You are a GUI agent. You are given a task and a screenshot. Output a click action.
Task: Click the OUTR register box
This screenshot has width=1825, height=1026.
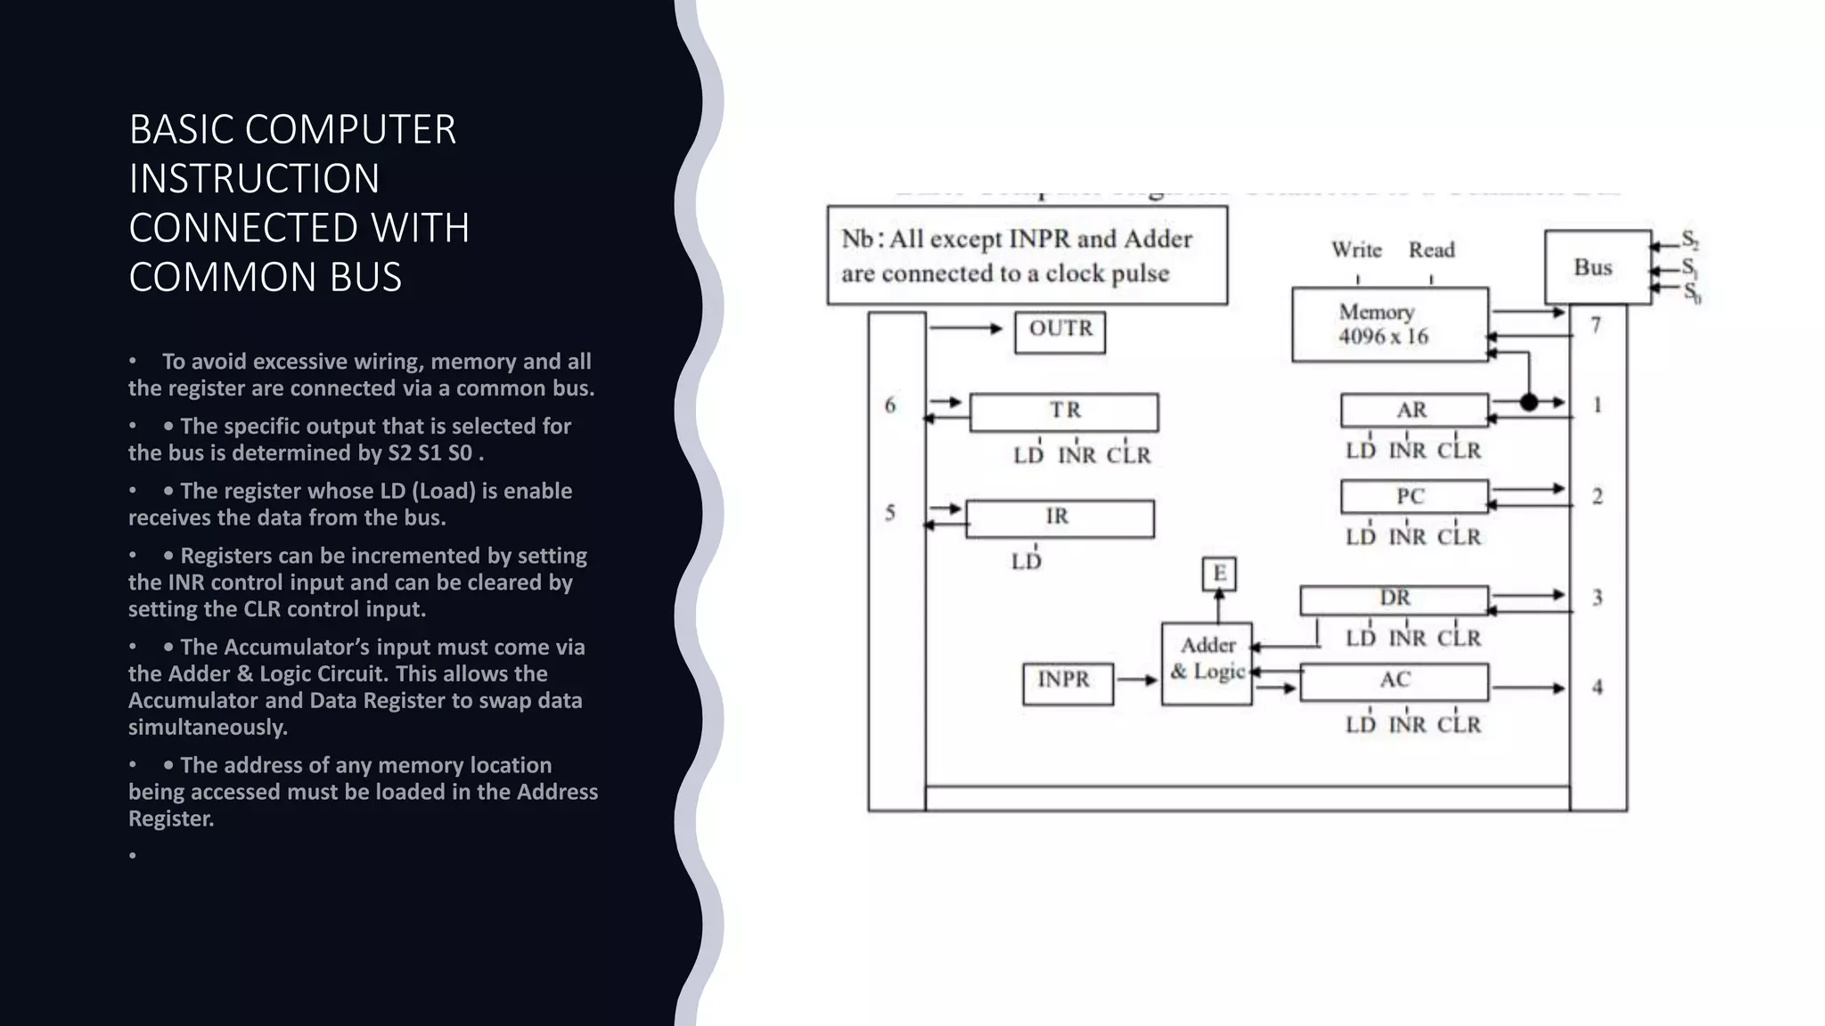click(1060, 332)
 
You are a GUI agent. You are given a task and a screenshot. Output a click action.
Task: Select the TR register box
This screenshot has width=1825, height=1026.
click(1064, 412)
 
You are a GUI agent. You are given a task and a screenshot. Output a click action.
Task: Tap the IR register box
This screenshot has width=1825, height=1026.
click(1060, 518)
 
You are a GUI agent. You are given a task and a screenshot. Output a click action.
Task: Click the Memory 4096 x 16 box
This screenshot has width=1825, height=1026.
click(1389, 324)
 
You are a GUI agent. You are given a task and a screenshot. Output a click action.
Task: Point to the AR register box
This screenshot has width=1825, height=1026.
click(1414, 411)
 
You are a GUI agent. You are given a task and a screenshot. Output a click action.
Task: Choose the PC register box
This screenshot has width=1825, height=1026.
click(1414, 496)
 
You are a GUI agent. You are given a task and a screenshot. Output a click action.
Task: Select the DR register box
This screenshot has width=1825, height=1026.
click(1394, 599)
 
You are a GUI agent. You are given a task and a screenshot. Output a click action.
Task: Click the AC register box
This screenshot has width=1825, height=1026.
click(1394, 682)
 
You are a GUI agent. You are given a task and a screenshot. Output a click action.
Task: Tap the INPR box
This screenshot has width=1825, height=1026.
click(1068, 683)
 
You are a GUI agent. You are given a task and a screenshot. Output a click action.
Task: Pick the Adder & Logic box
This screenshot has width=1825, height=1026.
click(1207, 664)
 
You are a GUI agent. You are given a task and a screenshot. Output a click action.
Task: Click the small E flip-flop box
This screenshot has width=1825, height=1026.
click(1219, 573)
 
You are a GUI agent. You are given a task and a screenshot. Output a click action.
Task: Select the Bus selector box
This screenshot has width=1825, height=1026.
click(1597, 267)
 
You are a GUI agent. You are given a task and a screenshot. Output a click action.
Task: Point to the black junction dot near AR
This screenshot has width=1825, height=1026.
click(1529, 403)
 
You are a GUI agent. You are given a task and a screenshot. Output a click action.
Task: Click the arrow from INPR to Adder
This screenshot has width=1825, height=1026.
click(1137, 680)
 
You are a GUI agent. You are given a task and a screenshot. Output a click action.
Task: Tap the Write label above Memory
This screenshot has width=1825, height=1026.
click(1356, 250)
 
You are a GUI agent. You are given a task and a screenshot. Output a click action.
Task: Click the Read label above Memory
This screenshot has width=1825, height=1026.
click(1431, 250)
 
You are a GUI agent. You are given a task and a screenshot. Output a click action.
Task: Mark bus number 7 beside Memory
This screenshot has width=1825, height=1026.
click(1596, 326)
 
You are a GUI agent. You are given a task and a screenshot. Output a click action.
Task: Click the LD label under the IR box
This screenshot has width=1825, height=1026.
click(1026, 562)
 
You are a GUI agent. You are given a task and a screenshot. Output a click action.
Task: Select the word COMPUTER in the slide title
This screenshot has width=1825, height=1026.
click(350, 130)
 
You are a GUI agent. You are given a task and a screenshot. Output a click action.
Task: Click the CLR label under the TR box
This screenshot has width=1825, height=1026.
click(1128, 456)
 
